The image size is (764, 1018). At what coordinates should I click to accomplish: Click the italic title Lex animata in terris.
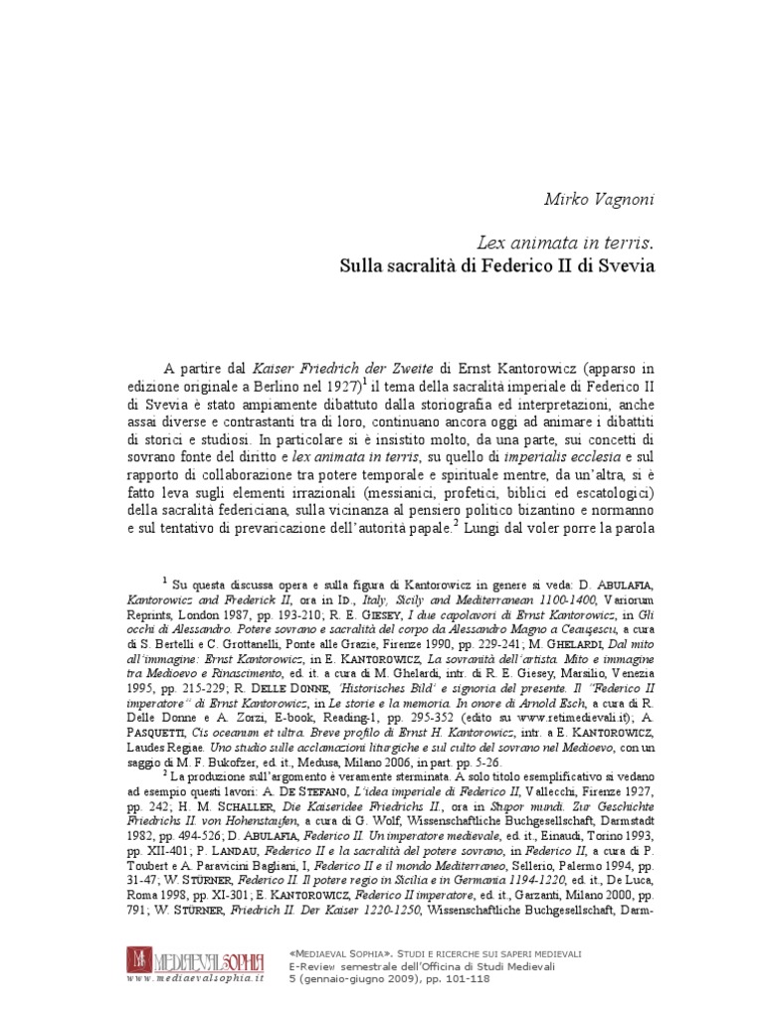(x=568, y=244)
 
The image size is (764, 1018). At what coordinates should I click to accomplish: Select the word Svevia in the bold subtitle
(x=627, y=266)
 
